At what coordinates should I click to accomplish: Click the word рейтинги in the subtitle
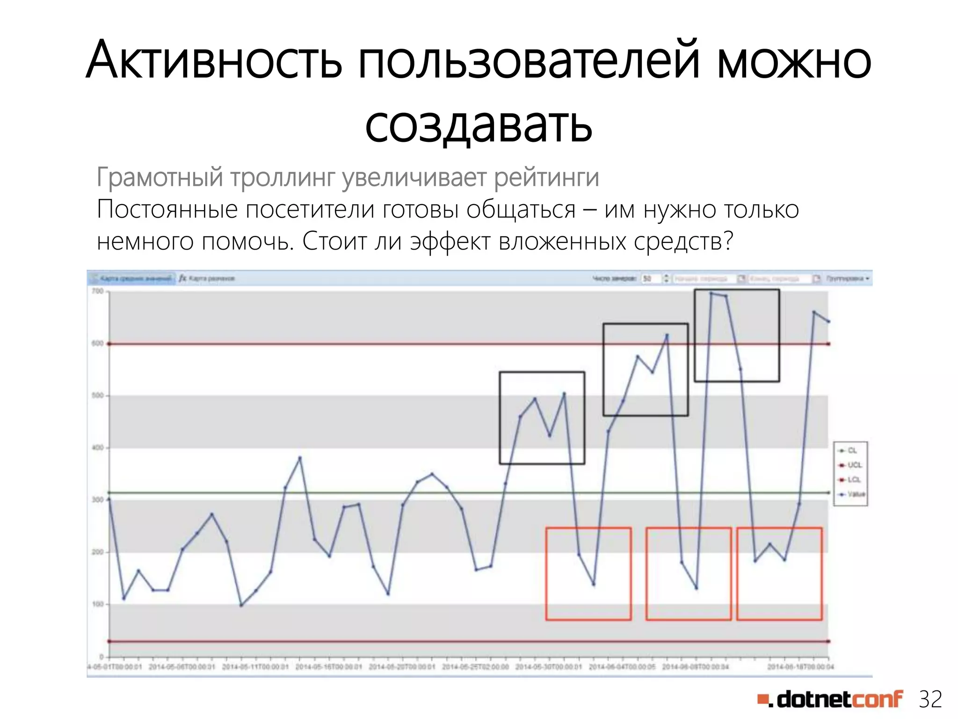tap(546, 177)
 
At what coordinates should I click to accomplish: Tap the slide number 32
tap(930, 699)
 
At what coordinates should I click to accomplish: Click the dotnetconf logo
tap(830, 699)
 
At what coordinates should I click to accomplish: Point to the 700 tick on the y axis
tap(98, 291)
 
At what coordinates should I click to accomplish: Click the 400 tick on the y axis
tap(98, 448)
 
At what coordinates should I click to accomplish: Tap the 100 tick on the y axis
tap(98, 604)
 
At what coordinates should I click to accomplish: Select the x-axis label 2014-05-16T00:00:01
tap(329, 667)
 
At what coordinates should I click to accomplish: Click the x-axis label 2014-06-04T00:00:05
tap(622, 667)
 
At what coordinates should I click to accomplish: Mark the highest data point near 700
tap(711, 293)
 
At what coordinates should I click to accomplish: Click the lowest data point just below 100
tap(241, 605)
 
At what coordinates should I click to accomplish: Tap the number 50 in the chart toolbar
tap(647, 279)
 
